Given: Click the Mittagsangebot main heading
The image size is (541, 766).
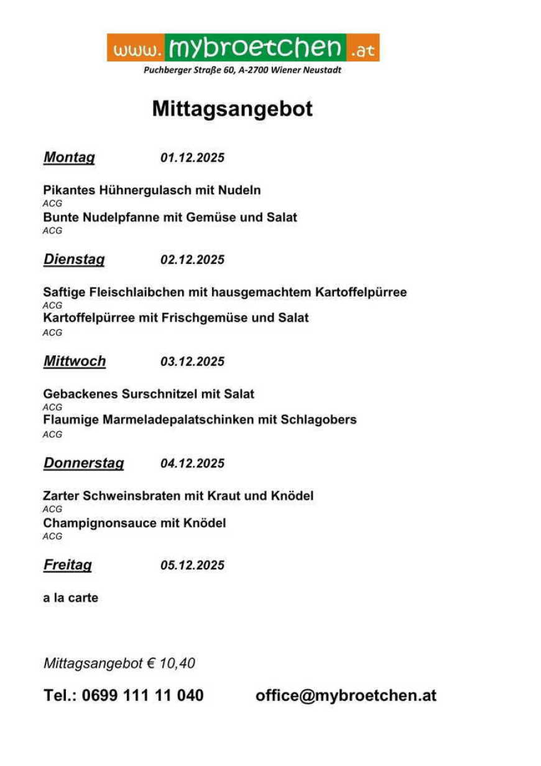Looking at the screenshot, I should click(x=232, y=109).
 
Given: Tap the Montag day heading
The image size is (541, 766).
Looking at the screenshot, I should click(x=69, y=157).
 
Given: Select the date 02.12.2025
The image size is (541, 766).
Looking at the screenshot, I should click(x=192, y=260).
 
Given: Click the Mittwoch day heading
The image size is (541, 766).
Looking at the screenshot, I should click(x=75, y=362).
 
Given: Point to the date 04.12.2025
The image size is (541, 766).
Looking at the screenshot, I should click(x=192, y=464).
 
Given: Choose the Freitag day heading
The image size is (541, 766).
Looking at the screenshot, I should click(x=67, y=565).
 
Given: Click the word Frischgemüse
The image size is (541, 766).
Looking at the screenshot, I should click(x=205, y=318).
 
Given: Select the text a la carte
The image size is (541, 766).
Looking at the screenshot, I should click(x=70, y=598).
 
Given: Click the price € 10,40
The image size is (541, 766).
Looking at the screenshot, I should click(x=171, y=663).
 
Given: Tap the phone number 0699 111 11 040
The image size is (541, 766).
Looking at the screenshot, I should click(x=142, y=696).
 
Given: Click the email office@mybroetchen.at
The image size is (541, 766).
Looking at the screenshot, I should click(x=346, y=696).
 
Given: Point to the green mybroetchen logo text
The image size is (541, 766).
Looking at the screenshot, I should click(x=255, y=47).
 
